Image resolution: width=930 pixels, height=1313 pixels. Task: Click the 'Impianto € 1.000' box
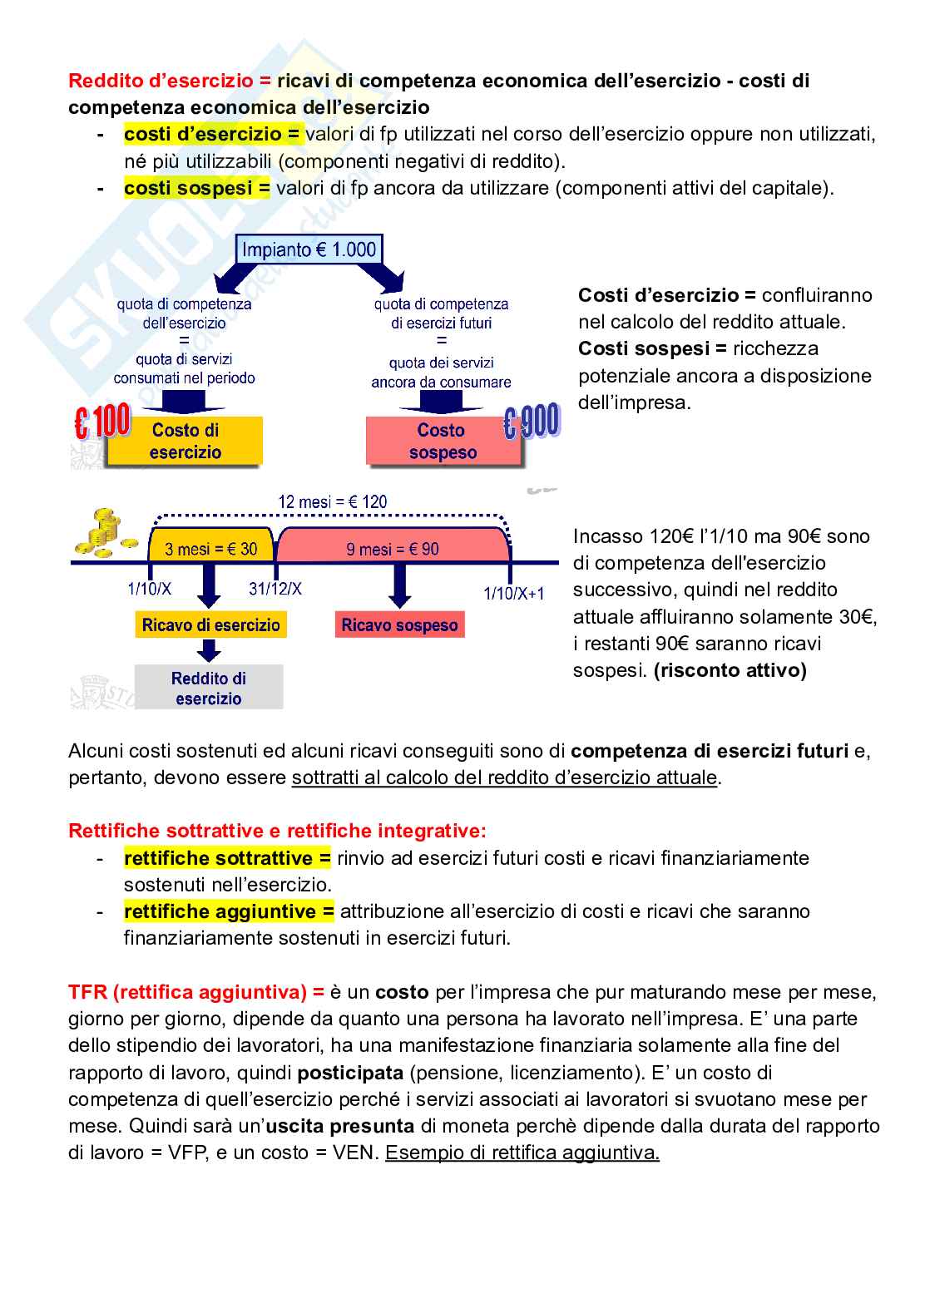[309, 249]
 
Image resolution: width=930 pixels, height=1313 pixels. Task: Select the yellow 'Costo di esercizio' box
[186, 442]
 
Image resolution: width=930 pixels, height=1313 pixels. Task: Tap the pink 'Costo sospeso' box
[443, 442]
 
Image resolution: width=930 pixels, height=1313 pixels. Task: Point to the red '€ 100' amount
[102, 423]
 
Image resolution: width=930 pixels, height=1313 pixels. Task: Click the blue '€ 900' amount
[532, 423]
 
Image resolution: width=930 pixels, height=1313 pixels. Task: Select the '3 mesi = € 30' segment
[210, 549]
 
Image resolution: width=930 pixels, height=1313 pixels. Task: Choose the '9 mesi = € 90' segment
[393, 549]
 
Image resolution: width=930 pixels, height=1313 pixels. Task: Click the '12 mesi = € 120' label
[332, 502]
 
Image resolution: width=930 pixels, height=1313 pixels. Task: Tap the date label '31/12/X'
[275, 589]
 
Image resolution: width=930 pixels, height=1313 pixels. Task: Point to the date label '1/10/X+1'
[514, 593]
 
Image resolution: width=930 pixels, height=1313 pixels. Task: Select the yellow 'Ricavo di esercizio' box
[210, 625]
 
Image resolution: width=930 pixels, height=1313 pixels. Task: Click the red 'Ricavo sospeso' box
[399, 625]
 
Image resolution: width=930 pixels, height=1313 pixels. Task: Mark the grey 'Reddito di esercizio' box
[209, 689]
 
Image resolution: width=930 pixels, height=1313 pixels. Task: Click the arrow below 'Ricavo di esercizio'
[210, 651]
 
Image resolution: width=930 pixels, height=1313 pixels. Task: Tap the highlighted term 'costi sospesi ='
[197, 188]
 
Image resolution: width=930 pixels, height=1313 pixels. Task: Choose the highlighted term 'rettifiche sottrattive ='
[227, 857]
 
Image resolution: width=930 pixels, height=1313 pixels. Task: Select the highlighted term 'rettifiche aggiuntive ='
[229, 911]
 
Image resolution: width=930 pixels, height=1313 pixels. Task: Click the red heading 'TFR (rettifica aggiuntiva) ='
[196, 992]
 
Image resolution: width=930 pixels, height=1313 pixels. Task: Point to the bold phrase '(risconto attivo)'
[730, 670]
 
